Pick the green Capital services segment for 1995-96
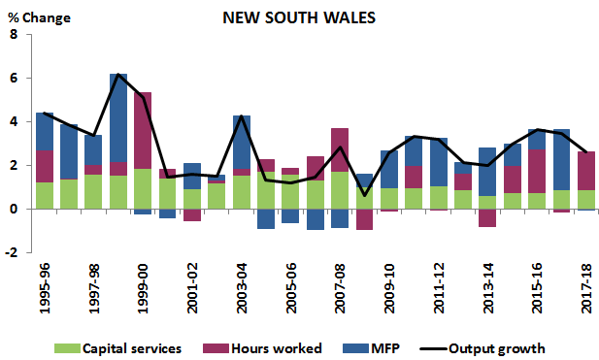(44, 195)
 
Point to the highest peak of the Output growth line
(117, 75)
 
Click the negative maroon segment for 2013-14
(488, 218)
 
